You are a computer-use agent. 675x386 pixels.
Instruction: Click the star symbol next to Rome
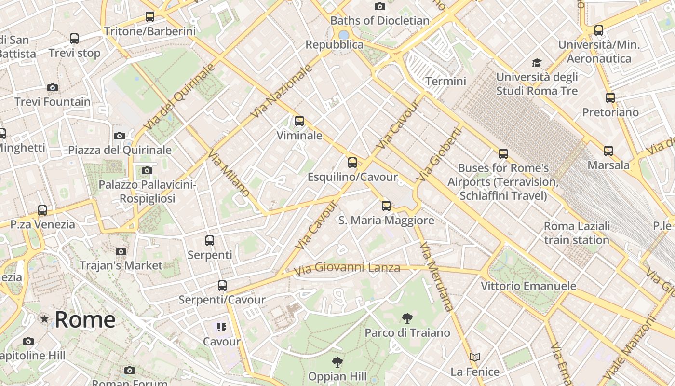[44, 319]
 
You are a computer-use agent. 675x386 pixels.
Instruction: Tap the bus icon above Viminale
[299, 121]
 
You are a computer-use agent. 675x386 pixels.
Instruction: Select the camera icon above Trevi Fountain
[53, 87]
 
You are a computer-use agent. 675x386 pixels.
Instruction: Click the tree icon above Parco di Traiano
[407, 318]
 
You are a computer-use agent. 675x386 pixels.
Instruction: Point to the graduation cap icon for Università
[537, 63]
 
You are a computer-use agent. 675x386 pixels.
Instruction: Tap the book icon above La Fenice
[475, 358]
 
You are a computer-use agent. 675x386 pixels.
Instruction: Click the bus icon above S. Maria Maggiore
[386, 206]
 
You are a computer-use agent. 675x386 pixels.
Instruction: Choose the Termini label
[445, 81]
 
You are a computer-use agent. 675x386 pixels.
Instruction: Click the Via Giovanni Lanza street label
[347, 268]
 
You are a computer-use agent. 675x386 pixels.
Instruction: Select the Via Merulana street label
[436, 276]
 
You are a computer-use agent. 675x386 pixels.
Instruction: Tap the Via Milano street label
[229, 173]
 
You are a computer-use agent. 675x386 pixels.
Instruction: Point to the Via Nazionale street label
[282, 92]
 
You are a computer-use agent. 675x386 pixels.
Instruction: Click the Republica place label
[335, 45]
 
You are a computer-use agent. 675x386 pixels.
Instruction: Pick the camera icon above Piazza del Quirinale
[120, 136]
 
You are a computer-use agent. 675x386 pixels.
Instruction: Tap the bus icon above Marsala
[608, 151]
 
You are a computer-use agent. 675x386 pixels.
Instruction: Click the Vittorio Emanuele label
[528, 286]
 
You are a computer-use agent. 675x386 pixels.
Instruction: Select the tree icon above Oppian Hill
[337, 362]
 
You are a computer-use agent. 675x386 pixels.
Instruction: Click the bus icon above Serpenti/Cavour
[222, 286]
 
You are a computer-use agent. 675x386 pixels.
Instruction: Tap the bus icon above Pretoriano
[610, 98]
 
